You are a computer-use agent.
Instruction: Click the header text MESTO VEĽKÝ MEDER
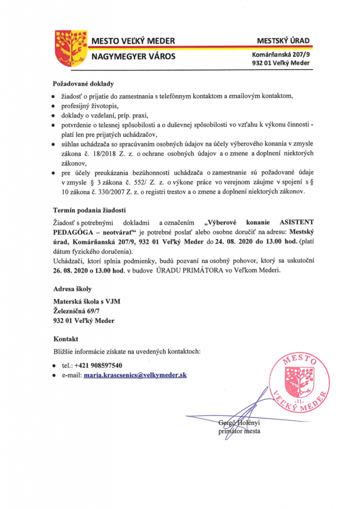pos(133,40)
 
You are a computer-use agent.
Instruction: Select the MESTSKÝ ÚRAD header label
pos(282,40)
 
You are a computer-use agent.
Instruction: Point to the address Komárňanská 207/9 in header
pos(281,54)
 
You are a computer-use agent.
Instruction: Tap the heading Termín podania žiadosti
pos(90,209)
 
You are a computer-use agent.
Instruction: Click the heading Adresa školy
pos(72,289)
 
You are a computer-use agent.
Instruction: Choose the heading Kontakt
pos(66,339)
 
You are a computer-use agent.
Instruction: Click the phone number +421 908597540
pos(99,365)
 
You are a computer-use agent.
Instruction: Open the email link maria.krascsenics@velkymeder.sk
pos(135,375)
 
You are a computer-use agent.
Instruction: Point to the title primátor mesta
pos(239,431)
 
